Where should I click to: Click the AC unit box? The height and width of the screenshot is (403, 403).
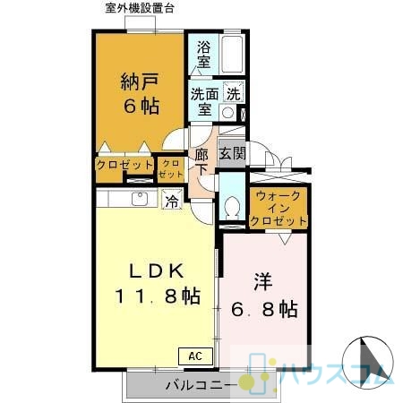click(x=195, y=356)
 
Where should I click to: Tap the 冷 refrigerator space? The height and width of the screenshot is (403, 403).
click(x=172, y=199)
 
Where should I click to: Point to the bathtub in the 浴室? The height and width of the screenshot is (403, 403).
click(x=232, y=54)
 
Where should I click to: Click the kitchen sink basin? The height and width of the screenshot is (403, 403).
click(x=140, y=199)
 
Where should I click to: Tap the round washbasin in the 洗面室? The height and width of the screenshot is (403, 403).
click(x=228, y=113)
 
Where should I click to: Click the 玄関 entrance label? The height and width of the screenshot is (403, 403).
click(x=232, y=153)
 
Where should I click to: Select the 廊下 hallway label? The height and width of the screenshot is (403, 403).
click(x=201, y=162)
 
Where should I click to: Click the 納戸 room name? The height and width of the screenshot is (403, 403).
click(x=140, y=81)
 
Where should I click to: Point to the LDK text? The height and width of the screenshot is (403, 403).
click(x=156, y=270)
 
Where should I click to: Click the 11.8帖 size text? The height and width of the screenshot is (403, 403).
click(x=158, y=296)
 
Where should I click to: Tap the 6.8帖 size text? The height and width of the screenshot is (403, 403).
click(x=264, y=309)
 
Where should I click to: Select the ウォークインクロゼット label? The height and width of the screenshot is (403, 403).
click(x=279, y=209)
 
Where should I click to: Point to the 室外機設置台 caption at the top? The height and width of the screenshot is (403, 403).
click(x=140, y=8)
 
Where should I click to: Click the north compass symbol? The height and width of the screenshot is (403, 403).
click(x=367, y=361)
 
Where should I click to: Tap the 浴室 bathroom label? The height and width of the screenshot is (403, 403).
click(x=203, y=55)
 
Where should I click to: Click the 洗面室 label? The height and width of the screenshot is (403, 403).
click(x=205, y=101)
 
